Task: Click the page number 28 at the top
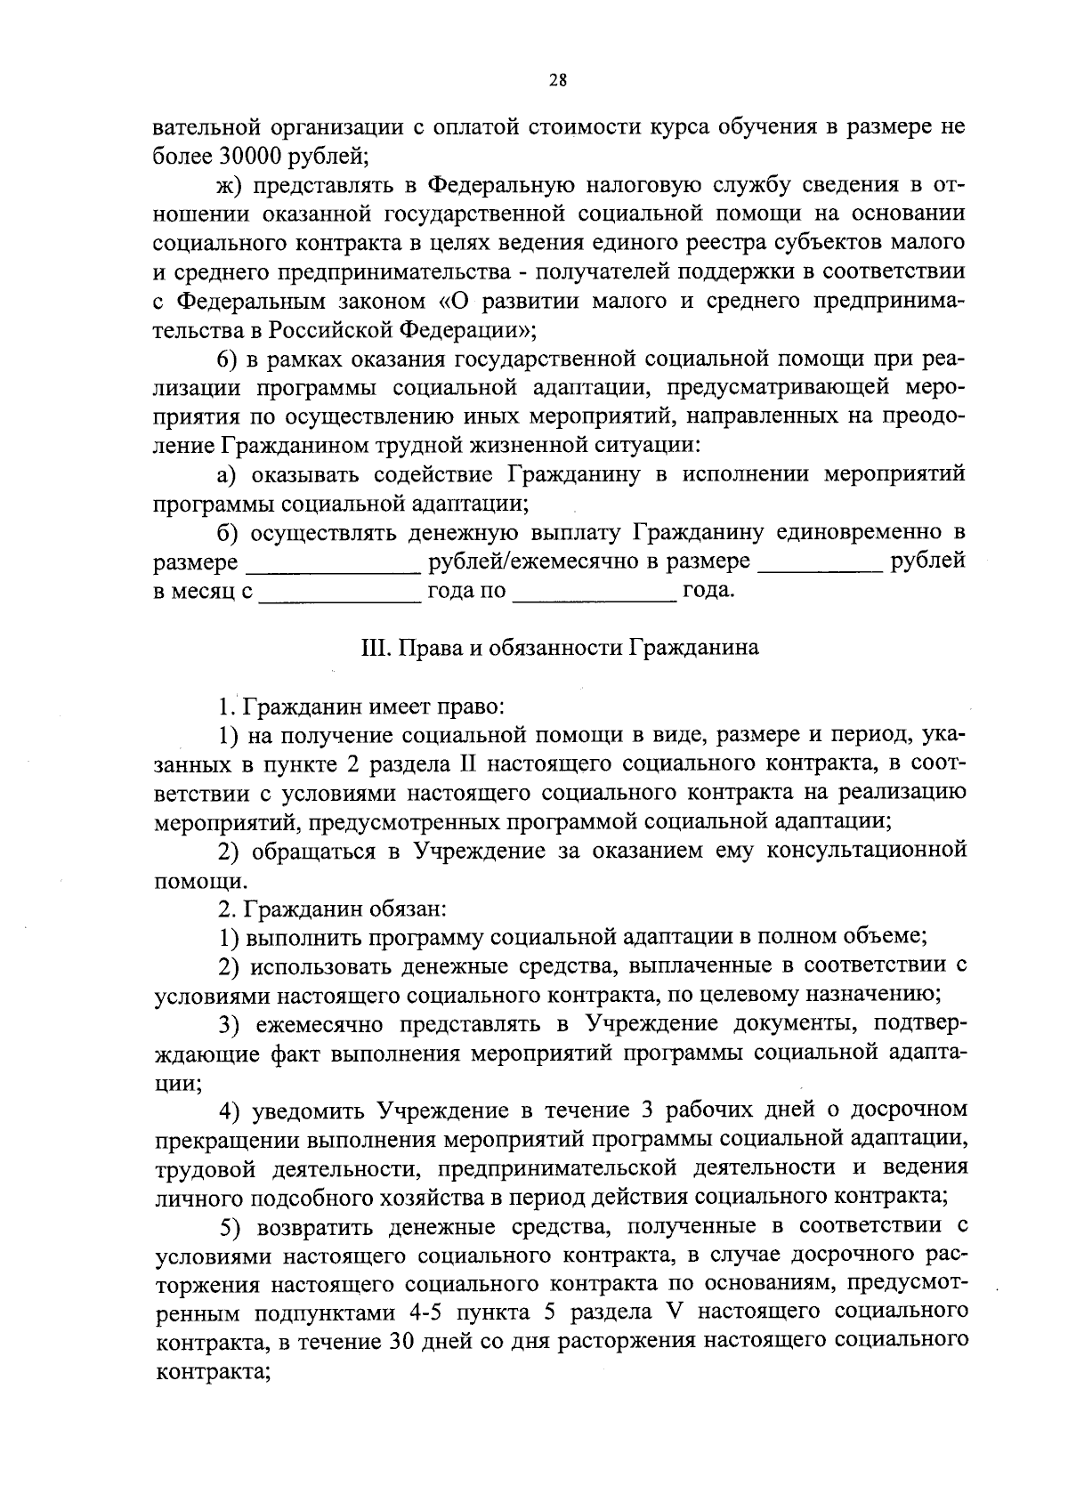click(558, 80)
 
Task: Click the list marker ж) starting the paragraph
click(230, 185)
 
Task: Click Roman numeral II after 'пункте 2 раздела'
click(468, 765)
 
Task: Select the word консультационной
click(868, 852)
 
